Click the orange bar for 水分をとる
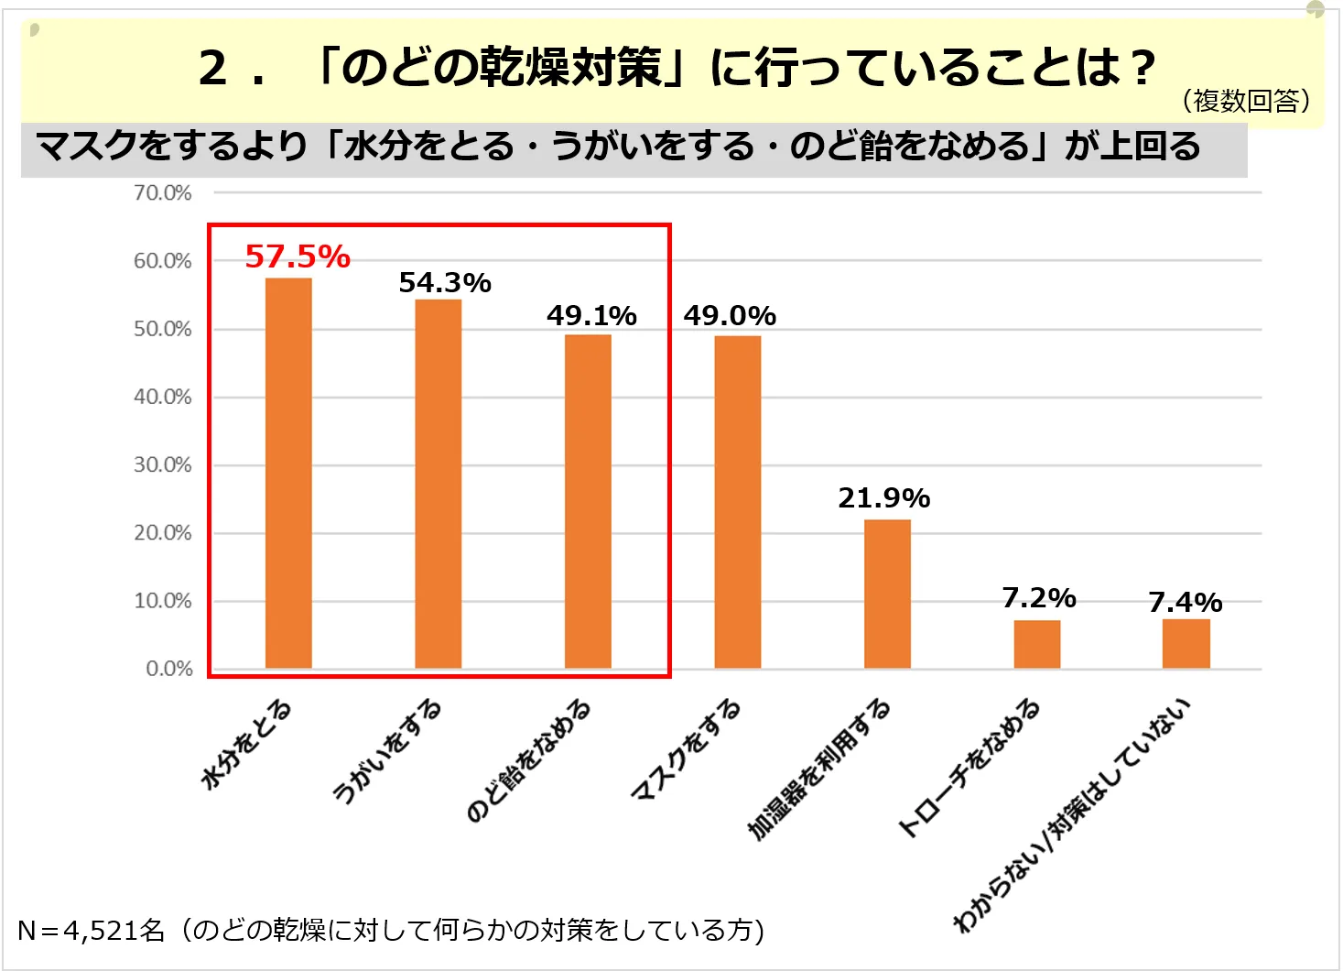(288, 473)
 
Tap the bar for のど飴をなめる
(588, 501)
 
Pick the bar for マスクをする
(737, 502)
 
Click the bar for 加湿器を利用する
(887, 594)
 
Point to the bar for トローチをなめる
(1036, 644)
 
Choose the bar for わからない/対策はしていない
(1186, 643)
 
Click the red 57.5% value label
(298, 256)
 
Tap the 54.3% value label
(445, 283)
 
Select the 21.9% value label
(883, 498)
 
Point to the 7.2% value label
(1039, 598)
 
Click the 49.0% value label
(730, 316)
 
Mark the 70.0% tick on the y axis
(163, 193)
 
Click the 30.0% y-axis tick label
(163, 465)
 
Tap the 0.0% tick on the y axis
(169, 669)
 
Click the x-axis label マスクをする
(687, 748)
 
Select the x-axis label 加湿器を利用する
(819, 769)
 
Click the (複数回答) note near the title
(1246, 101)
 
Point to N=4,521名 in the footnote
(91, 931)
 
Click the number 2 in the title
(213, 68)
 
